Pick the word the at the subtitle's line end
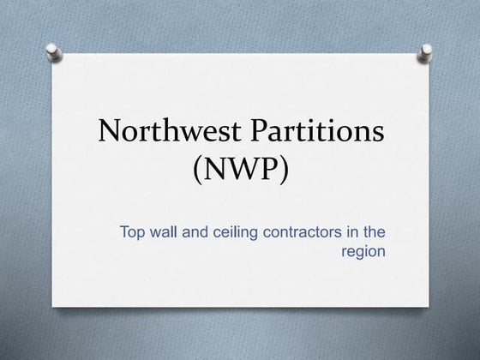coord(375,232)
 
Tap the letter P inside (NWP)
coord(271,168)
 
